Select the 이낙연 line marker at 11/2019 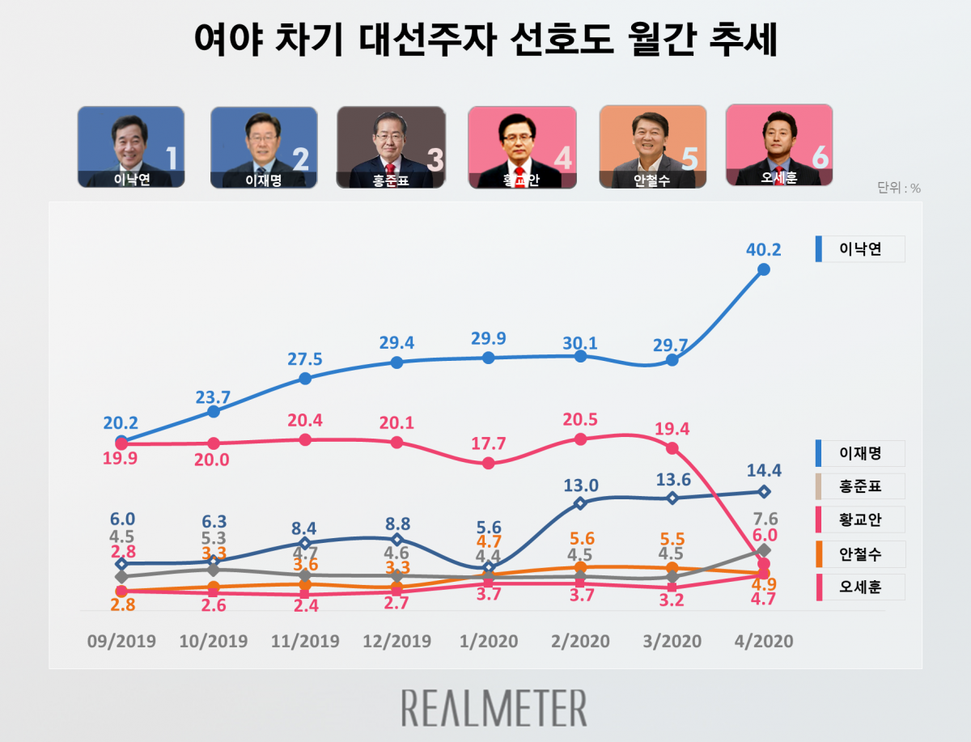pos(305,378)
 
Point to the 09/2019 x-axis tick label pos(122,641)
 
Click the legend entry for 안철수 pos(859,554)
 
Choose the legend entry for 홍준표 pos(859,486)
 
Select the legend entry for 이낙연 pos(859,249)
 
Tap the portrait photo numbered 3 pos(391,147)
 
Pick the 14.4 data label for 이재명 pos(763,470)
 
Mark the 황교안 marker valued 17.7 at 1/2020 pos(488,463)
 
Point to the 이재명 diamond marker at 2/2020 pos(579,503)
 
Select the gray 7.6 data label pos(765,518)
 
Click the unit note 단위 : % pos(899,189)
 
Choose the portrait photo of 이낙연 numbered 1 pos(131,147)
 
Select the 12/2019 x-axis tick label pos(396,641)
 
